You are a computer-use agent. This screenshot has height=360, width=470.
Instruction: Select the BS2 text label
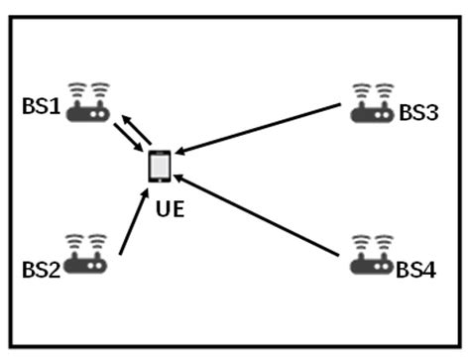(41, 268)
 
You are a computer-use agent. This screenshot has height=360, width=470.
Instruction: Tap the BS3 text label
(418, 113)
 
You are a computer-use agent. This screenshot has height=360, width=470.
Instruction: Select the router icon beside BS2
(85, 257)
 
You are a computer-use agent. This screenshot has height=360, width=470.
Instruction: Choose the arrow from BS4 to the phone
(264, 219)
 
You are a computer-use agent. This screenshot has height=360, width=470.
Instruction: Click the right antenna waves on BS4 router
(384, 240)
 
